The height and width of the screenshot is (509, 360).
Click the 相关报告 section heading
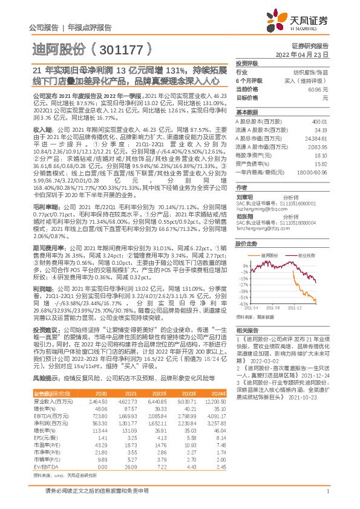pyautogui.click(x=247, y=330)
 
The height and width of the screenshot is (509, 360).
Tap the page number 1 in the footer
pyautogui.click(x=327, y=498)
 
